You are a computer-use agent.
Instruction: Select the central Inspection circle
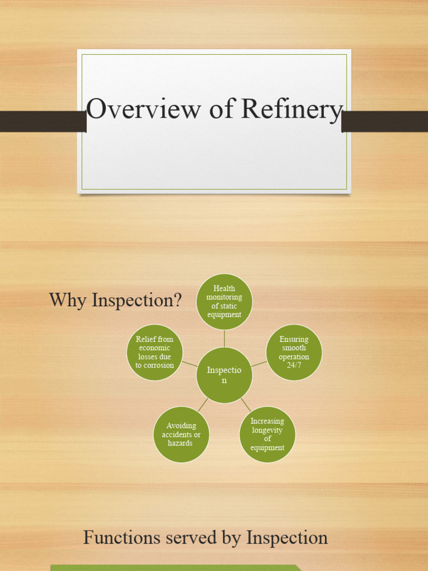(x=224, y=375)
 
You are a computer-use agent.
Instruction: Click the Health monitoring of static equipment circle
(x=224, y=302)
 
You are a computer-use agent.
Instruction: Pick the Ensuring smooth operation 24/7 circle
(x=294, y=352)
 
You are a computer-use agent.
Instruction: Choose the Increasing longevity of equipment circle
(x=267, y=434)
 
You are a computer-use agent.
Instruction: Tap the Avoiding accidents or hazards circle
(x=181, y=434)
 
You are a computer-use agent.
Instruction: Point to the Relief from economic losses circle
(x=154, y=352)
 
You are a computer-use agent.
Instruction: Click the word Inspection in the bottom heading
(x=287, y=539)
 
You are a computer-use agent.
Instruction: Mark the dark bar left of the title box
(x=42, y=121)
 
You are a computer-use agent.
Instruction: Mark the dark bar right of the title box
(x=385, y=121)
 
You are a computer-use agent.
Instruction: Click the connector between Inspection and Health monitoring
(x=224, y=338)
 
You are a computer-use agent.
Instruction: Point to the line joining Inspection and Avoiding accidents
(x=203, y=404)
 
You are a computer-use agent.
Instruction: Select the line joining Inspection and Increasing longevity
(x=246, y=404)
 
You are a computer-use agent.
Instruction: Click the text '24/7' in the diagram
(x=294, y=365)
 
